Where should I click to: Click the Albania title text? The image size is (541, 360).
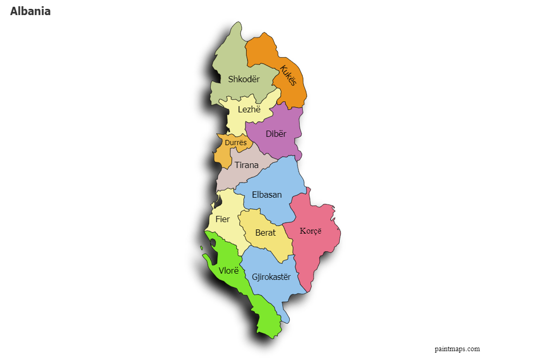coord(30,11)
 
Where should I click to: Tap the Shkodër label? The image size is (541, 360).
coord(243,79)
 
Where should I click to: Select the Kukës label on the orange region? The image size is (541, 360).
coord(288,75)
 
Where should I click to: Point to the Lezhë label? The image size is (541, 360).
coord(249,109)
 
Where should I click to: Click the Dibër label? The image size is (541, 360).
coord(276,134)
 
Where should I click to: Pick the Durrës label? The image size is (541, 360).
coord(236,143)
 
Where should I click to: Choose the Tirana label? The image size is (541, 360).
coord(247,165)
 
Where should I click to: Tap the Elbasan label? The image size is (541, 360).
coord(266,195)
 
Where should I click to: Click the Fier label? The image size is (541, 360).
coord(222,219)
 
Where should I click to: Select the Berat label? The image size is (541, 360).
coord(265,233)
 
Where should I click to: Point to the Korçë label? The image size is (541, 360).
coord(311,231)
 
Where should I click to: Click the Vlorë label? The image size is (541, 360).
coord(228,271)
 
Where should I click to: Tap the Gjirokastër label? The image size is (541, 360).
coord(271,277)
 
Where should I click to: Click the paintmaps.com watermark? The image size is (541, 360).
coord(457,349)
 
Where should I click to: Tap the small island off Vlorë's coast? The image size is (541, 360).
coord(201,248)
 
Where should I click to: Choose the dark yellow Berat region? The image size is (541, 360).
coord(276,245)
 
